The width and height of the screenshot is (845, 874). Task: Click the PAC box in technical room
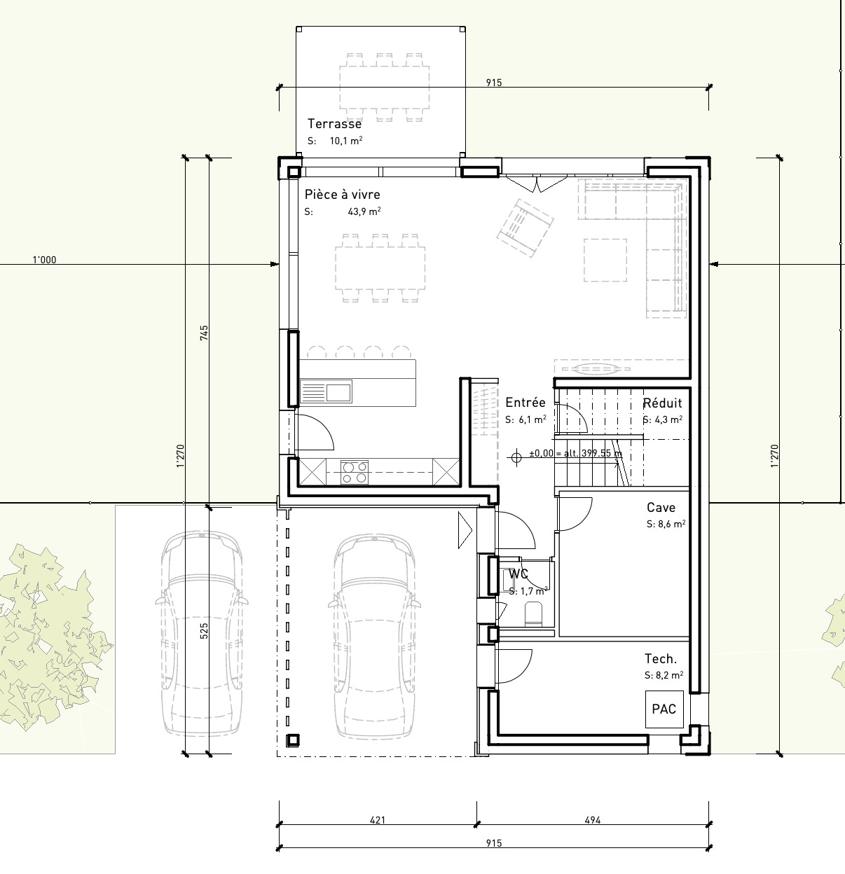[x=664, y=709]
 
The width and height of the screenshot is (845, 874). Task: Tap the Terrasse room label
[x=334, y=124]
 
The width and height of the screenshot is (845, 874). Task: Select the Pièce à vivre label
[x=342, y=195]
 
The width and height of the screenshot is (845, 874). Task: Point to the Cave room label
[x=661, y=508]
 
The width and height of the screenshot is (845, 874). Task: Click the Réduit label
[x=662, y=403]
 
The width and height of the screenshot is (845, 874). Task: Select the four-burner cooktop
[x=355, y=471]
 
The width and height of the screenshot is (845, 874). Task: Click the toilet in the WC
[x=533, y=613]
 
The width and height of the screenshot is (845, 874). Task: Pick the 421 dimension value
[x=377, y=820]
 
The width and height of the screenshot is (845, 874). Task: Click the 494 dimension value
[x=592, y=820]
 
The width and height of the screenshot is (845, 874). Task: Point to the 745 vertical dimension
[x=204, y=332]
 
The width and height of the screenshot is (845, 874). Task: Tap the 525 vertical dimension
[x=204, y=631]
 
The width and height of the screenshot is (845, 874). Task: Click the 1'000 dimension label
[x=44, y=260]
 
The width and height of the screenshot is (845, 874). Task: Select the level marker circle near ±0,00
[x=516, y=457]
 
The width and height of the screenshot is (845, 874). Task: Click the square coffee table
[x=605, y=261]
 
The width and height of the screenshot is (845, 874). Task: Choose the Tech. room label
[x=660, y=659]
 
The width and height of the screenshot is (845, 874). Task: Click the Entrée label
[x=525, y=403]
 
